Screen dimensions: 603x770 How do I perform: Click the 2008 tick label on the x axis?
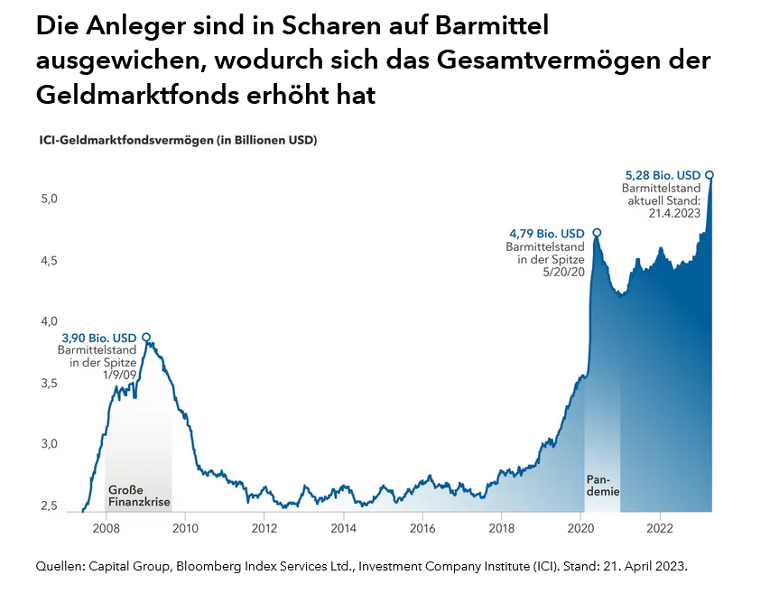point(106,528)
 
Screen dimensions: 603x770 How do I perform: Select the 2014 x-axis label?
point(343,528)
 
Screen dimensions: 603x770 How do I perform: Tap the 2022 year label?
point(660,528)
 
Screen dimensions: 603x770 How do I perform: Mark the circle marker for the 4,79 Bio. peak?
point(597,233)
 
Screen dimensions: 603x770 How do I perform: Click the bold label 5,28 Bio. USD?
point(663,174)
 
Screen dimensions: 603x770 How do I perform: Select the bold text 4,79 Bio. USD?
point(547,233)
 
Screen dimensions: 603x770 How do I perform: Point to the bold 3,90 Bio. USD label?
point(98,338)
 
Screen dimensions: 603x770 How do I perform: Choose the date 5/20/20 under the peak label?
point(565,272)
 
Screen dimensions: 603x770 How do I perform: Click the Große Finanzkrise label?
point(139,496)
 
